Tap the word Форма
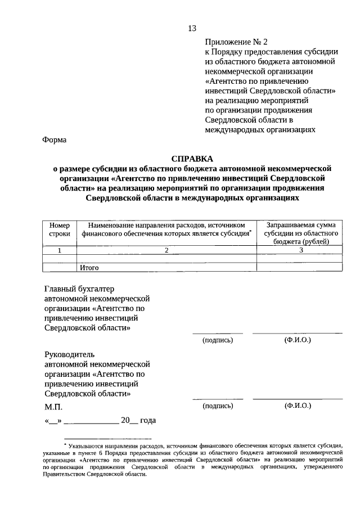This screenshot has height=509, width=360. [x=55, y=140]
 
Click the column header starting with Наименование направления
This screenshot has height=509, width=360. [x=166, y=228]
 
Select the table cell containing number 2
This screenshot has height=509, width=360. [x=166, y=250]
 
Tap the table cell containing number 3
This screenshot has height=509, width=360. [x=301, y=250]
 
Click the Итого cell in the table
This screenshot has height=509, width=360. [x=89, y=268]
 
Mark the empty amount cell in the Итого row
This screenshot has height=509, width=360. [x=301, y=268]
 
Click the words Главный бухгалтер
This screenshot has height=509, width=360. [x=79, y=289]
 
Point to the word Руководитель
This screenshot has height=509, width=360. [x=70, y=354]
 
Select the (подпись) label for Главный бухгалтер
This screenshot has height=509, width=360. [x=217, y=340]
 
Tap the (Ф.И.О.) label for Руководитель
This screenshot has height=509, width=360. [x=298, y=405]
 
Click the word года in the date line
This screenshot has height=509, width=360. [x=147, y=420]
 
